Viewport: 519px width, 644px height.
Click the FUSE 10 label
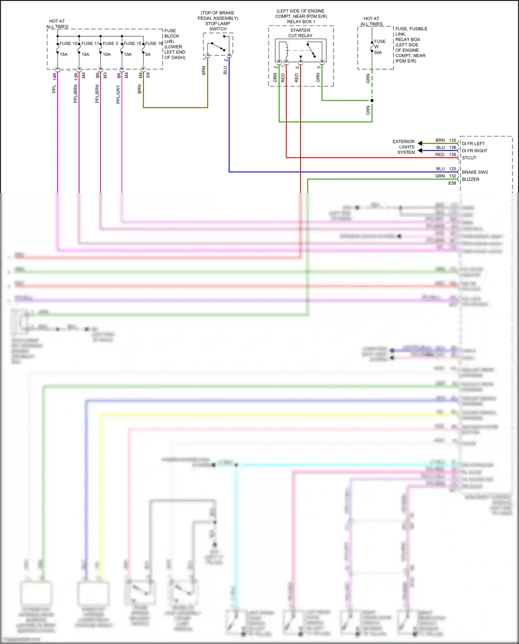(x=69, y=44)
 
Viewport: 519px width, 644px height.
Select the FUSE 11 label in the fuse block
(x=90, y=44)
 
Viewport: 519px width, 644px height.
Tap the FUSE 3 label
(x=110, y=44)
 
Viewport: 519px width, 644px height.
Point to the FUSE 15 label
(x=133, y=44)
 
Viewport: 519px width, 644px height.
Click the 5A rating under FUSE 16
(x=148, y=54)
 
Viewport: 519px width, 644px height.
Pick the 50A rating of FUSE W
(x=378, y=53)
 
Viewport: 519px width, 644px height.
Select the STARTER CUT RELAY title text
(x=300, y=33)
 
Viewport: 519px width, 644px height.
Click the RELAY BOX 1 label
(x=301, y=22)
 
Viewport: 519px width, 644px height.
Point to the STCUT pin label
(x=469, y=158)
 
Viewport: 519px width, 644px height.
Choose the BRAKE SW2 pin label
(x=475, y=172)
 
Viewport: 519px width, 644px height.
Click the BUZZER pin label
(x=471, y=179)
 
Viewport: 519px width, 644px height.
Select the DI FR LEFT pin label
(x=473, y=144)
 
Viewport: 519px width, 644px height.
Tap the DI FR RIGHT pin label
(x=474, y=151)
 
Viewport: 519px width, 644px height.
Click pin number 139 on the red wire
(x=453, y=155)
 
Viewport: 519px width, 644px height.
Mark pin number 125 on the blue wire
(x=453, y=169)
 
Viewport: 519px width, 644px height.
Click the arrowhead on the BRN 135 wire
(x=420, y=143)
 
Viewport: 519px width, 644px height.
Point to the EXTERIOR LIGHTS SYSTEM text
(x=404, y=147)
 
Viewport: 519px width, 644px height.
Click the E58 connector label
(x=452, y=183)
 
